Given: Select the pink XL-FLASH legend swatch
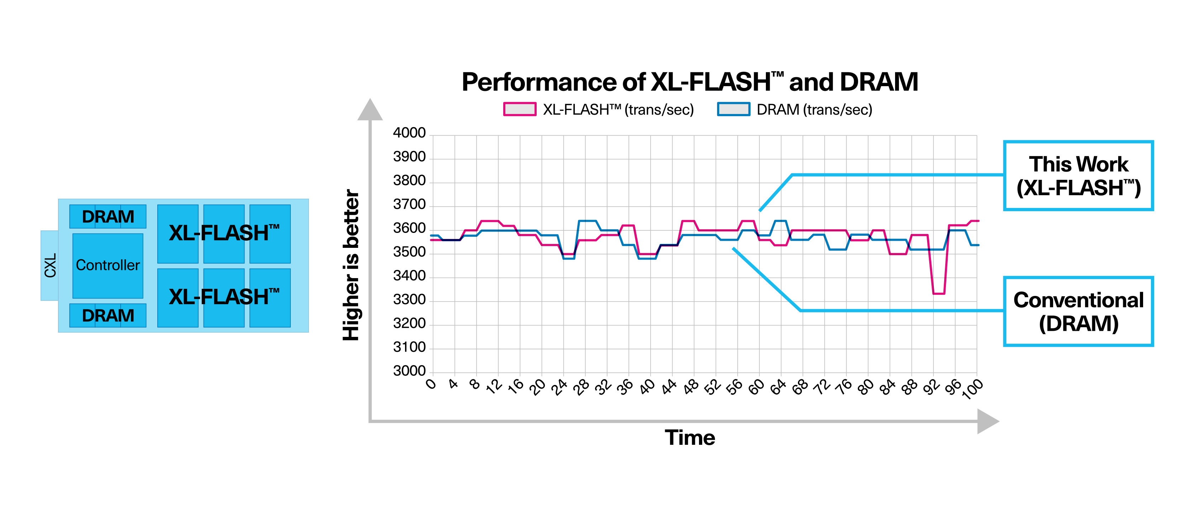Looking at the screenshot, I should (x=520, y=109).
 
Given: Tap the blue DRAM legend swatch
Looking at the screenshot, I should (x=733, y=109).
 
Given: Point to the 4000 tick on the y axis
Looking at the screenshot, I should (x=409, y=133).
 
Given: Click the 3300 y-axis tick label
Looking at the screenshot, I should (x=409, y=300).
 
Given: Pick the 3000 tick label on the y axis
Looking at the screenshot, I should (x=409, y=371).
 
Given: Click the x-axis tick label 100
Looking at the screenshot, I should (x=972, y=389).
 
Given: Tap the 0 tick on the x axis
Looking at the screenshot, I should (x=431, y=384).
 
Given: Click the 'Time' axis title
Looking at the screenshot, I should (x=690, y=438).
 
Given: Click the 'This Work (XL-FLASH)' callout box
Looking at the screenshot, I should (x=1078, y=176).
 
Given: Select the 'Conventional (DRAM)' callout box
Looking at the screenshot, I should (x=1078, y=312).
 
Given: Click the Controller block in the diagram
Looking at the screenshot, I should (x=107, y=265).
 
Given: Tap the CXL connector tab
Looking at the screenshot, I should (x=49, y=265).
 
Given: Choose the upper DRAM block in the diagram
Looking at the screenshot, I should (x=107, y=217).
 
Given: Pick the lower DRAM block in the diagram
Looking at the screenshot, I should (x=107, y=315).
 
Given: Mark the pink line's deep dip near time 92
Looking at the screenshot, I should (x=938, y=293).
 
